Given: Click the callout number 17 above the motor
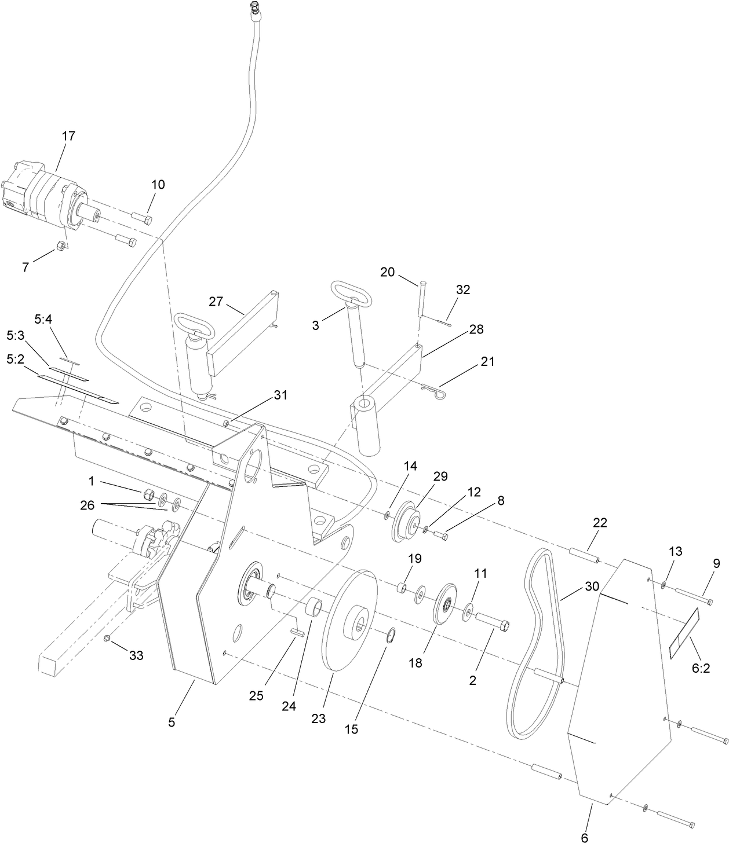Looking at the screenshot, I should (68, 136).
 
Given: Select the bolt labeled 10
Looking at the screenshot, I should (142, 218).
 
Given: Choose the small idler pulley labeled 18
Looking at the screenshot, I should (447, 605).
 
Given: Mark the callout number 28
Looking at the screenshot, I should (477, 329).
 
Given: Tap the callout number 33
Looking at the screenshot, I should (136, 655).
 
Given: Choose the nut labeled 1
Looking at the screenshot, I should (147, 494).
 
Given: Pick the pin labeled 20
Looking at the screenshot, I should (422, 298).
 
